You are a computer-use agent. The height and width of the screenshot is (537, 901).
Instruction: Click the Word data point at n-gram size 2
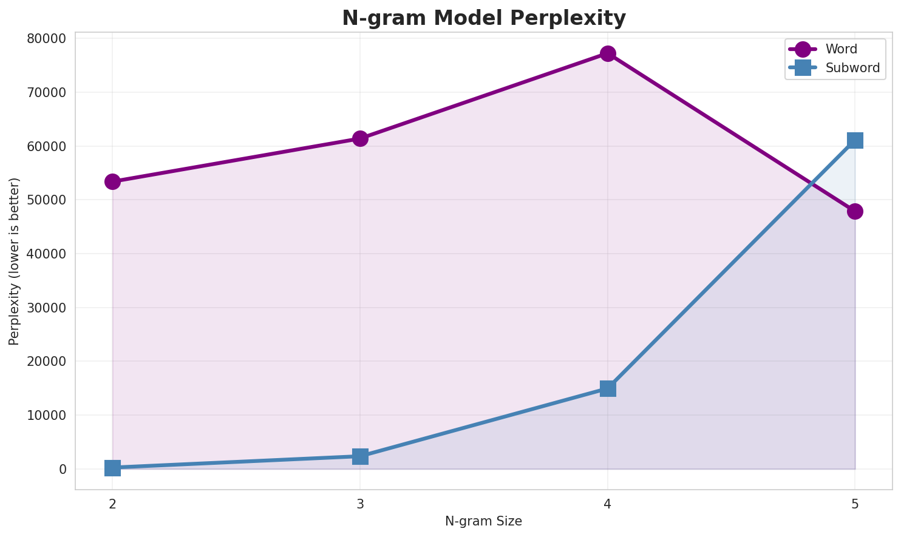112,181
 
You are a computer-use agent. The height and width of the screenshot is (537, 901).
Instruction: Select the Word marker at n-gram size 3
360,139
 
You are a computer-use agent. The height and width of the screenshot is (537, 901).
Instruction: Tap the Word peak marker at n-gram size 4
608,53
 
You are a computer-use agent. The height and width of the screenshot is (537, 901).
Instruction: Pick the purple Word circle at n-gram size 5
855,211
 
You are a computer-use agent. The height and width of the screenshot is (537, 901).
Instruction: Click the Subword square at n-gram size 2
112,468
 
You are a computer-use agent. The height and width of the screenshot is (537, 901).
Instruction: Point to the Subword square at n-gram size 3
360,456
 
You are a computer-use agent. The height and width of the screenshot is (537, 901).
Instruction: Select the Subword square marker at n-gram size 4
608,388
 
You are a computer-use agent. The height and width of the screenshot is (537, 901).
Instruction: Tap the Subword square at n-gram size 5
855,140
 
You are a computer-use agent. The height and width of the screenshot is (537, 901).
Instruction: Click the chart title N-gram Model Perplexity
484,18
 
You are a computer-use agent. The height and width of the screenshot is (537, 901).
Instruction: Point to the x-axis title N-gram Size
483,521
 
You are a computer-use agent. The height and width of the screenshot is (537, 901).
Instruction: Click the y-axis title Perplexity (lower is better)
15,261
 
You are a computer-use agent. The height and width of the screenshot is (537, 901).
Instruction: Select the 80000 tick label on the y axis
47,39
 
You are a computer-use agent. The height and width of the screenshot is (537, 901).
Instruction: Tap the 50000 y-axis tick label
47,200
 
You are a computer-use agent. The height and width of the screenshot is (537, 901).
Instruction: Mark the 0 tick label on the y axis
63,469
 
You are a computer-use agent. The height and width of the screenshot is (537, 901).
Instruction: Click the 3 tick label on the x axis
360,504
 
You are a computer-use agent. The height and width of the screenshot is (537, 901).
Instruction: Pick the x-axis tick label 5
855,504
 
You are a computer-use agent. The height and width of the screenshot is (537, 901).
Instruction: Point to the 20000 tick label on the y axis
47,362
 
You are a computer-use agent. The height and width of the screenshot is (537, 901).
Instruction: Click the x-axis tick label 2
112,504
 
